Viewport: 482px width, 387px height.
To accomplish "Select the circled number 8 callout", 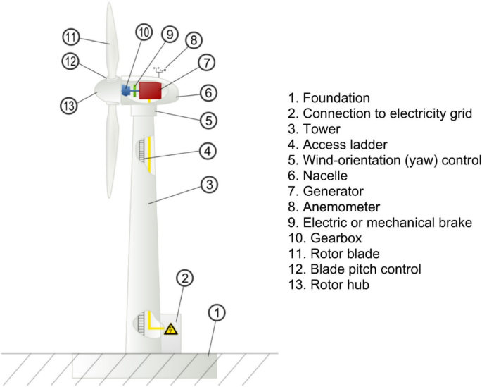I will coord(194,41).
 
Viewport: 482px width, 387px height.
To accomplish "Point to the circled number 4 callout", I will coord(205,151).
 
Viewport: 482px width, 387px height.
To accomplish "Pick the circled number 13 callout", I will coord(68,106).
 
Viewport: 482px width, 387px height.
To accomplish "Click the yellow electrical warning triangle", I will coord(171,329).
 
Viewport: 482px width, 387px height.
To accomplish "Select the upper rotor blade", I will coord(110,39).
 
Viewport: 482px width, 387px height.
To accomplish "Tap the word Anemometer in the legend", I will coord(341,207).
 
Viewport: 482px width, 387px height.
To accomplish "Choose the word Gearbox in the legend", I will coord(334,238).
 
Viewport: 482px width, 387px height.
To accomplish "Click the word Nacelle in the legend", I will coord(326,176).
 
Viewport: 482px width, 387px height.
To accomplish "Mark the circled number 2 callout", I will coord(184,278).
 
